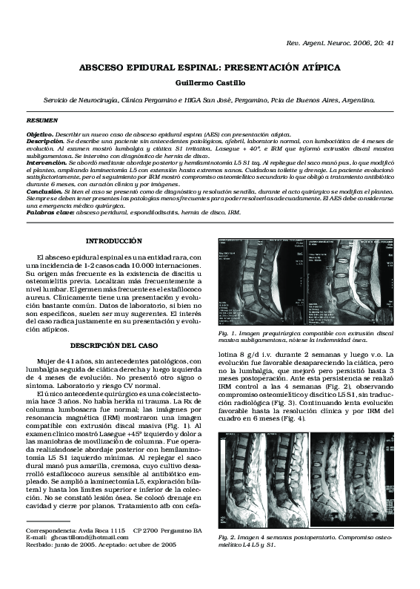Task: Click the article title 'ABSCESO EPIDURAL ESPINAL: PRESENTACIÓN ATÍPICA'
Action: pyautogui.click(x=210, y=67)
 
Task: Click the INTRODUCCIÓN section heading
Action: pyautogui.click(x=113, y=242)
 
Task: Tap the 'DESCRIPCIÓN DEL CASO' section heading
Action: pyautogui.click(x=113, y=345)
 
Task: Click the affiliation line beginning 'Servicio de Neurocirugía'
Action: pyautogui.click(x=210, y=98)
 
